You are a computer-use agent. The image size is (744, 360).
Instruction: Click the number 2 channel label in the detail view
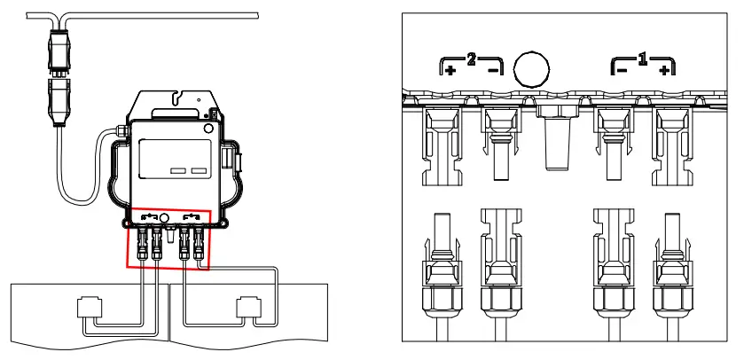coord(472,60)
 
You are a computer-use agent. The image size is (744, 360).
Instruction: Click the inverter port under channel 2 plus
coord(449,142)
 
